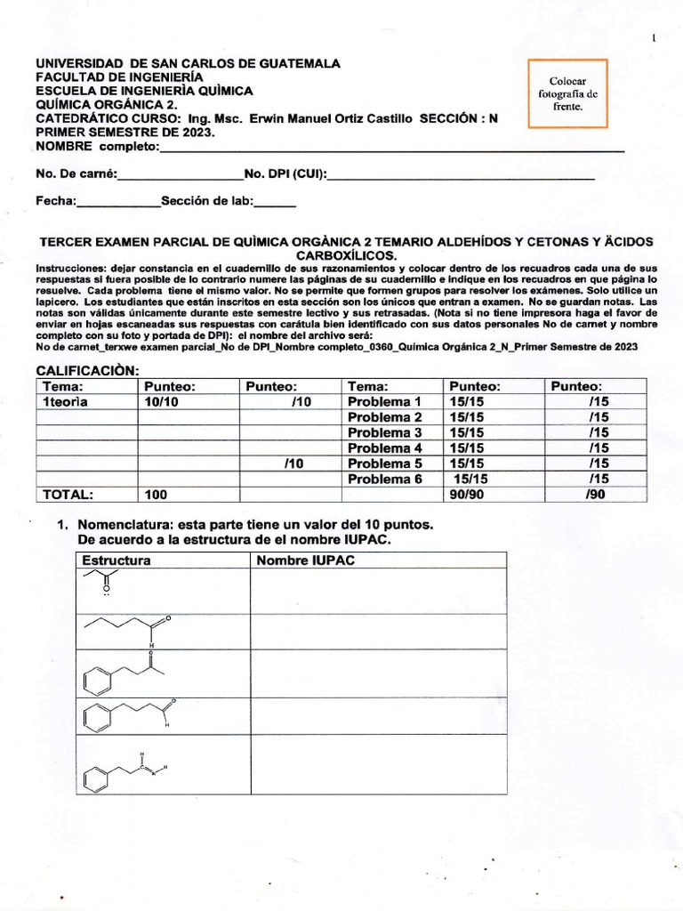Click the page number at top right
[655, 38]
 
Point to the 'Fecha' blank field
[118, 205]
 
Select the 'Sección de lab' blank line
[275, 205]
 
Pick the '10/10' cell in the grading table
[156, 401]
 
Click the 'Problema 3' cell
[384, 432]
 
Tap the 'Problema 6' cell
[384, 479]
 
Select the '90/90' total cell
[466, 495]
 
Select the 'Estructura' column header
[117, 560]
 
